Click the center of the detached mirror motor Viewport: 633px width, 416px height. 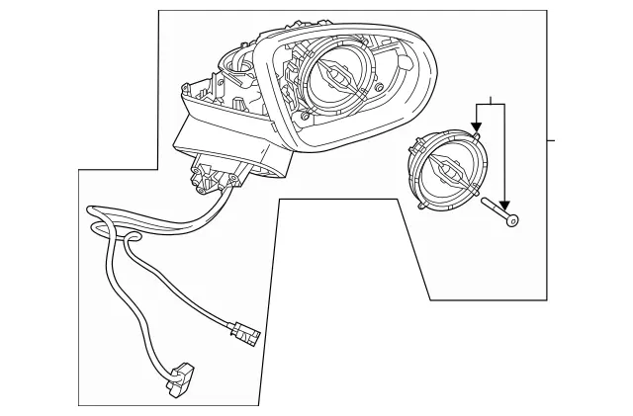coord(448,172)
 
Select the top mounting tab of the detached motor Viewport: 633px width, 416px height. coord(476,137)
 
